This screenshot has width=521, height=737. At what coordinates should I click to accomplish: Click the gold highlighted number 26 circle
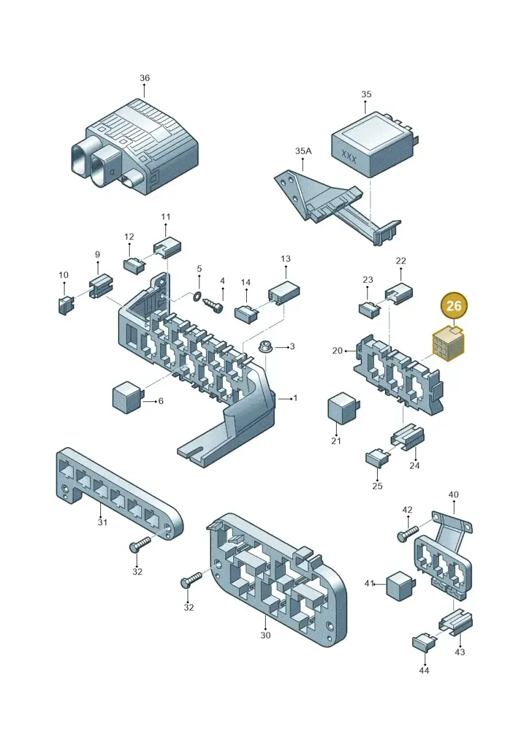(453, 306)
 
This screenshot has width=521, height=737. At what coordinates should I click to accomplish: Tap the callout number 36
(145, 78)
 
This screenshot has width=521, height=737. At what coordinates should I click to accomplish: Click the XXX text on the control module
(348, 156)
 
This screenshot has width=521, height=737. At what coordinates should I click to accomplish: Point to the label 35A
(303, 151)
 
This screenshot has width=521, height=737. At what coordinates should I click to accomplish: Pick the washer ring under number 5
(198, 295)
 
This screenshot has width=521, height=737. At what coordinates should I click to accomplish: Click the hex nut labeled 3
(265, 348)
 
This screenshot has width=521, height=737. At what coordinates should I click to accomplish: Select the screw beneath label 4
(214, 303)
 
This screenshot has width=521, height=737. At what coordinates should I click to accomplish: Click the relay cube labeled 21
(343, 407)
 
